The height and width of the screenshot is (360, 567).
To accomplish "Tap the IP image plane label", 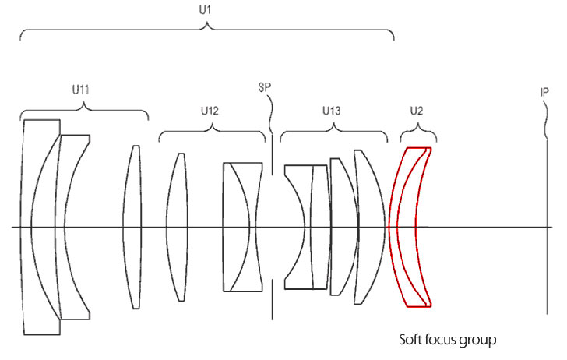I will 546,92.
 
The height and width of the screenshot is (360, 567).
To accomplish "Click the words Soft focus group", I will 447,340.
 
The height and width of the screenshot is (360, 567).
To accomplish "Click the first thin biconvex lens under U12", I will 178,227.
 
